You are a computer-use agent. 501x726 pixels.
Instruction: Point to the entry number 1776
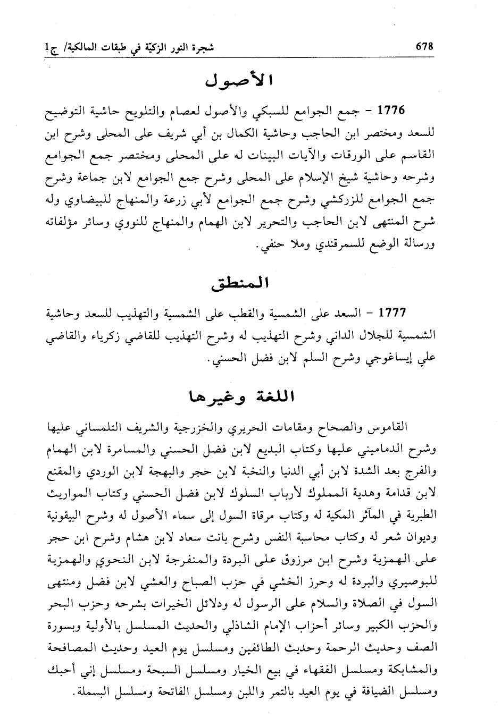[391, 112]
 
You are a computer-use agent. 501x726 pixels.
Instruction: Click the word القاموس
[390, 428]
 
